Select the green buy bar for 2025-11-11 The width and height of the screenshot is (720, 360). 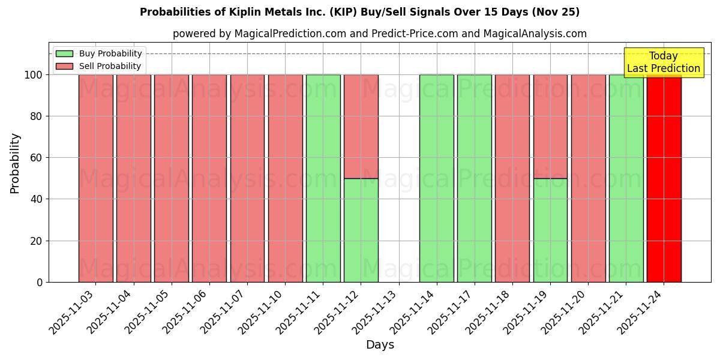point(323,178)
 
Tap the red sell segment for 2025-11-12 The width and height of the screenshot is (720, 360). point(361,127)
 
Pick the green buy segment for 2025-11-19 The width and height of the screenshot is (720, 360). point(550,230)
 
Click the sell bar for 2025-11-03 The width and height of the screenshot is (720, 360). point(95,178)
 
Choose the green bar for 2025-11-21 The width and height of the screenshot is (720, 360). point(626,178)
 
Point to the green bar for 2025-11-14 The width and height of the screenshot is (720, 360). point(436,178)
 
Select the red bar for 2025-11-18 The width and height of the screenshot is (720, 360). point(512,178)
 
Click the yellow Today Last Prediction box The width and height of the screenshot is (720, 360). point(664,62)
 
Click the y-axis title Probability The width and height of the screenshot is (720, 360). point(15,163)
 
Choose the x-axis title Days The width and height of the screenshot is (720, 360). point(380,345)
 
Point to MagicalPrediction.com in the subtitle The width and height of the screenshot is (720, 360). point(290,34)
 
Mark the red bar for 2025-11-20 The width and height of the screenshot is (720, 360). point(588,178)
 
